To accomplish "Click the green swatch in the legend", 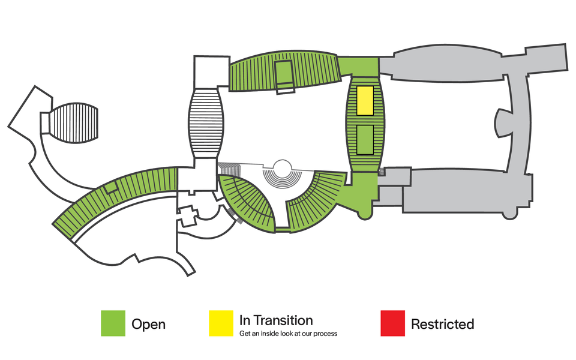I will [113, 323].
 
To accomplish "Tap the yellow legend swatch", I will [221, 323].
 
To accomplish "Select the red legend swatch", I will [392, 323].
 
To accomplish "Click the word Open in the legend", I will [148, 325].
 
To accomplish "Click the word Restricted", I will [442, 325].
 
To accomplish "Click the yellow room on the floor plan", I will [365, 100].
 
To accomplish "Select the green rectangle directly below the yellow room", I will [365, 139].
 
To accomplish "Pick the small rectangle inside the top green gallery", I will [283, 74].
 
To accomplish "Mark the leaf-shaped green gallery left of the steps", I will [248, 201].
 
